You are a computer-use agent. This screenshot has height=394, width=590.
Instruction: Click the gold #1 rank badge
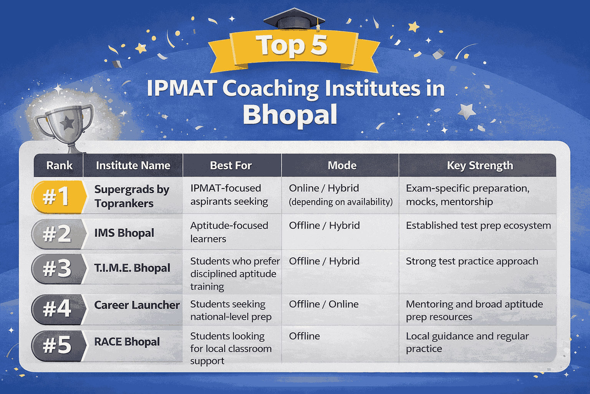pyautogui.click(x=57, y=197)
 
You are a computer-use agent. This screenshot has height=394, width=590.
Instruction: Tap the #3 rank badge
pyautogui.click(x=57, y=268)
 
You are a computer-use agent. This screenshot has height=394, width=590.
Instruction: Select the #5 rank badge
pyautogui.click(x=57, y=344)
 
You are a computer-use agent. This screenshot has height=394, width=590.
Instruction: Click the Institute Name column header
pyautogui.click(x=133, y=165)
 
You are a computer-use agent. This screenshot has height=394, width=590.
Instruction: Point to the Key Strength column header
pyautogui.click(x=480, y=165)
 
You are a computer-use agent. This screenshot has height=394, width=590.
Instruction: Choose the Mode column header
pyautogui.click(x=342, y=165)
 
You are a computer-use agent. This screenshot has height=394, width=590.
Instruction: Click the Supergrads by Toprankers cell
pyautogui.click(x=131, y=196)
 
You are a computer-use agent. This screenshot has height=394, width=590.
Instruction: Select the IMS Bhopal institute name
pyautogui.click(x=124, y=233)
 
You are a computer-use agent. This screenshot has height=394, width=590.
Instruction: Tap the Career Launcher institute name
pyautogui.click(x=137, y=305)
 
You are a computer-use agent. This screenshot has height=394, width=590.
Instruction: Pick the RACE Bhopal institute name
pyautogui.click(x=127, y=342)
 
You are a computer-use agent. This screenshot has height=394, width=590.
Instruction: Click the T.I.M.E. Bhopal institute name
pyautogui.click(x=132, y=268)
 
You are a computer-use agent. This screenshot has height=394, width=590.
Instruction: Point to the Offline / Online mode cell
pyautogui.click(x=323, y=304)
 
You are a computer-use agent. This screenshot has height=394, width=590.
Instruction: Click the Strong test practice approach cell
pyautogui.click(x=472, y=261)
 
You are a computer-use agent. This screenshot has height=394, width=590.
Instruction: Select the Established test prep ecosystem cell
pyautogui.click(x=478, y=225)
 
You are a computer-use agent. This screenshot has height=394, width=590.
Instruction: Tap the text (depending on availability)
pyautogui.click(x=341, y=202)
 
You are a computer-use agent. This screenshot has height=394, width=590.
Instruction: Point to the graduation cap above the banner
pyautogui.click(x=294, y=19)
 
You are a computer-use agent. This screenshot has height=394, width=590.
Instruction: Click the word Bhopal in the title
pyautogui.click(x=290, y=115)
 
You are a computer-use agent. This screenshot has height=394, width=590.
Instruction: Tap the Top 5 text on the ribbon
pyautogui.click(x=292, y=45)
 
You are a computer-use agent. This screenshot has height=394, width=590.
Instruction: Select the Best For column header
pyautogui.click(x=231, y=165)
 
